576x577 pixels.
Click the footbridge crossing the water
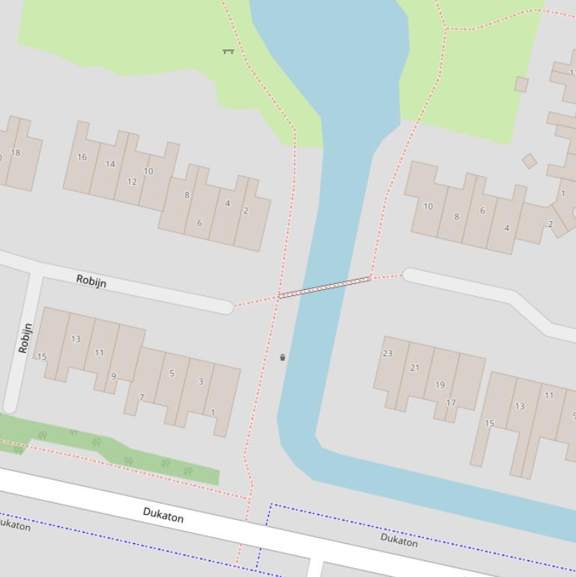(x=324, y=287)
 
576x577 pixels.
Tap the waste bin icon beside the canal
(x=282, y=357)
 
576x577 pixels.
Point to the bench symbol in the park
(x=228, y=51)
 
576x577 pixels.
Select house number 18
(x=16, y=152)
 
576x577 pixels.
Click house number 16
(x=82, y=157)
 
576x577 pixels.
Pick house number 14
(x=110, y=163)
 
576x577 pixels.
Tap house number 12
(x=132, y=181)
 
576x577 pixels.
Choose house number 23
(x=387, y=353)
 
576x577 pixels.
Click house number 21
(x=414, y=367)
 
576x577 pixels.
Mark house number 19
(x=440, y=384)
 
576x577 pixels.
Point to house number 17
(x=451, y=402)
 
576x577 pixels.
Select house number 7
(x=141, y=397)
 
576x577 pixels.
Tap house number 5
(x=172, y=373)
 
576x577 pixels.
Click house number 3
(x=200, y=381)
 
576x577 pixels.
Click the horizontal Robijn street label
(x=91, y=281)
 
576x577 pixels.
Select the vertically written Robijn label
(x=25, y=338)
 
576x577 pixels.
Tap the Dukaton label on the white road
(x=163, y=515)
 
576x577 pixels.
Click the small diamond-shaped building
(x=530, y=160)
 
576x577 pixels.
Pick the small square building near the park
(x=521, y=84)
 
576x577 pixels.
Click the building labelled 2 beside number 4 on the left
(x=246, y=211)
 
